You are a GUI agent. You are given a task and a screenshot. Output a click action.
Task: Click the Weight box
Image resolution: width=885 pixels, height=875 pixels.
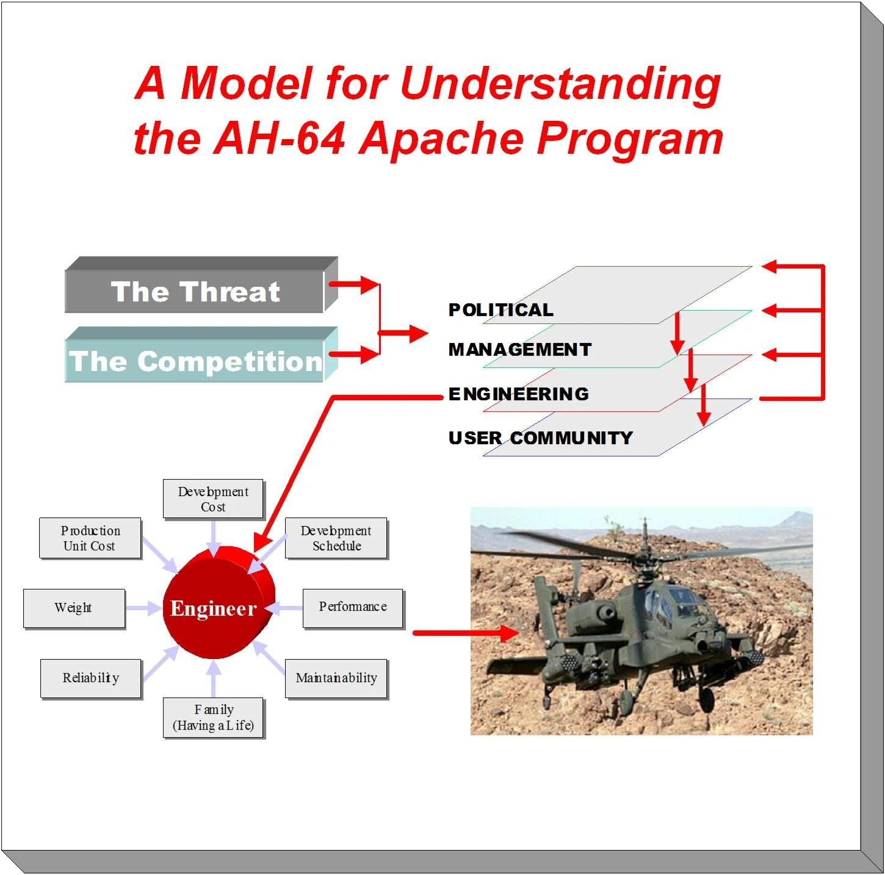coord(74,608)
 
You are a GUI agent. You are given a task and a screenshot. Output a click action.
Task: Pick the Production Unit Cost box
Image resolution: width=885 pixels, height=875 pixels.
coord(90,538)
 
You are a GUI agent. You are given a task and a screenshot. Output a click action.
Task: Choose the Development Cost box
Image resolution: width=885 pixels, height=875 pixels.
coord(213,499)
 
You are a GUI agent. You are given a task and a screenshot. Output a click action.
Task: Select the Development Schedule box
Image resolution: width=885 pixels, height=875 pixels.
coord(336,538)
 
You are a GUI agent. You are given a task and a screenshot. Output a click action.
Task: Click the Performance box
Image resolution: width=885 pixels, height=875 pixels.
coord(353,607)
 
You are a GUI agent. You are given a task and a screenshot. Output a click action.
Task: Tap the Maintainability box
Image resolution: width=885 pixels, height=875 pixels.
coord(336,678)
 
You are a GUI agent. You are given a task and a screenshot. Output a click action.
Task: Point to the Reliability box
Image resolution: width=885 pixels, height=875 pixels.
coord(91,678)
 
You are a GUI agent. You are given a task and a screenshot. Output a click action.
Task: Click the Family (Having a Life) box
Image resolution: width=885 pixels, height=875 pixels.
coord(213,718)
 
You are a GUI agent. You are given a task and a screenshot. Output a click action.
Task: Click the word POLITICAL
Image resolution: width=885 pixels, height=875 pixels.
coord(500,310)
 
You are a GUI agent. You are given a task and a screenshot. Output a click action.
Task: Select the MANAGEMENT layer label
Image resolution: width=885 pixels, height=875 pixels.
coord(520,350)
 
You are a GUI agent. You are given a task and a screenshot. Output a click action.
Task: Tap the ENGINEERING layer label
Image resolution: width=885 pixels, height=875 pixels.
coord(519,394)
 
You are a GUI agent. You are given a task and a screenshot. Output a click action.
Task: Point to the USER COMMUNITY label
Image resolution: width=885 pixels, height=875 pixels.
coord(541,438)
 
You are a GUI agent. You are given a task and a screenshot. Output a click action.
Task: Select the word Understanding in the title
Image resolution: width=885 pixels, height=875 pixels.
coord(560,84)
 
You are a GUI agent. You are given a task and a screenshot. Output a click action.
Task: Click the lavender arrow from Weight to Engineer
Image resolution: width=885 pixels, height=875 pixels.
coord(143,608)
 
